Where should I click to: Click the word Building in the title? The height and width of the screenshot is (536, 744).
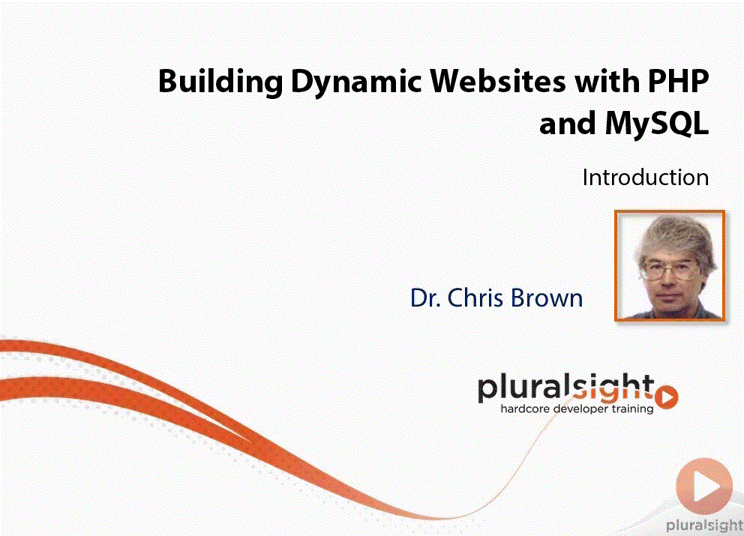tap(220, 82)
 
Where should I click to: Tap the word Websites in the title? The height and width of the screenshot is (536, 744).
tap(498, 81)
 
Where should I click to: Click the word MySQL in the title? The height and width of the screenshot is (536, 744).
tap(657, 124)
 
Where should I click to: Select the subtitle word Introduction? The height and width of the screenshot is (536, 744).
tap(645, 178)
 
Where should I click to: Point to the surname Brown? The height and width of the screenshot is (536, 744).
tap(547, 298)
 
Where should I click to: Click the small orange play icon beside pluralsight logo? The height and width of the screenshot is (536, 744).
tap(667, 397)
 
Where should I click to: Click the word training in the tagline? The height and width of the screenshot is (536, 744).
tap(632, 409)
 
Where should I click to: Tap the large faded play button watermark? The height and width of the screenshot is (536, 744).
tap(704, 486)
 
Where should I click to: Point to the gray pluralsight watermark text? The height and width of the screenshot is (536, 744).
tap(704, 525)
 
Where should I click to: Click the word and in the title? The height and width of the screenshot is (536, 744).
tap(568, 124)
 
